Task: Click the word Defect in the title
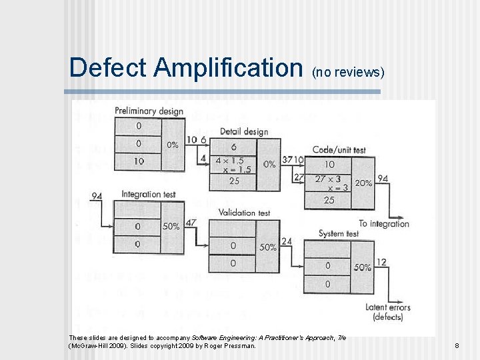pos(109,68)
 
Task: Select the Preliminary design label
pos(149,111)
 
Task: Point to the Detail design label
pos(244,131)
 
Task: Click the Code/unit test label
pos(339,150)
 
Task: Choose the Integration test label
pos(148,195)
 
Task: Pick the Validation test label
pos(245,213)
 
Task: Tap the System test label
pos(339,233)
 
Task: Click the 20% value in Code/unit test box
pos(364,183)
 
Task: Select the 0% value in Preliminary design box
pos(172,144)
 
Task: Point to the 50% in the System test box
pos(363,267)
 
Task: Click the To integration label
pos(384,223)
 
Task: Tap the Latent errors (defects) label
pos(388,312)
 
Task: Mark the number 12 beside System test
pos(381,262)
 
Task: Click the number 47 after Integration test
pos(191,223)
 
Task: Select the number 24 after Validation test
pos(287,241)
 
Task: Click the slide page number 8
pos(457,345)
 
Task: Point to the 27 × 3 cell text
pos(328,179)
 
